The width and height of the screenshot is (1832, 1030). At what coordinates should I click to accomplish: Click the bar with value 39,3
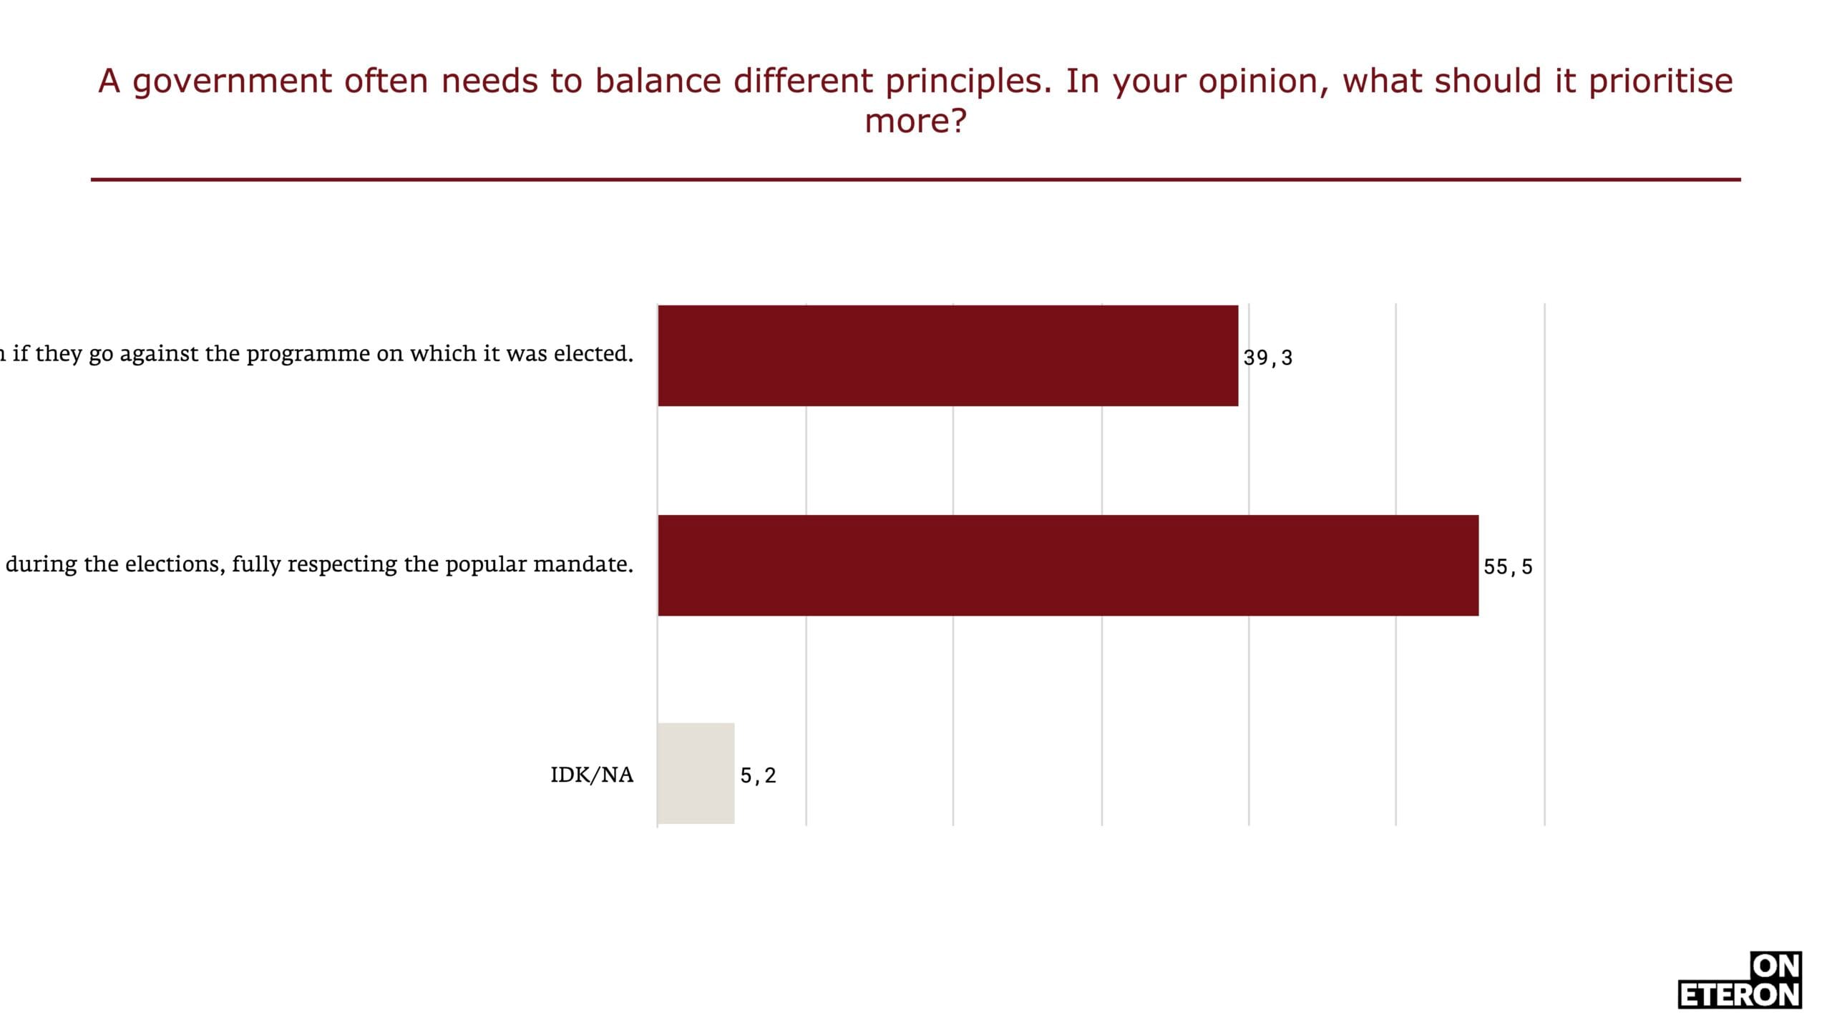[947, 355]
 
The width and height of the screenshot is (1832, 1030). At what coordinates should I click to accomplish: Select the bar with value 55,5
[1068, 565]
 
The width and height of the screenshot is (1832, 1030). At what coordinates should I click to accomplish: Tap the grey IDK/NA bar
[696, 773]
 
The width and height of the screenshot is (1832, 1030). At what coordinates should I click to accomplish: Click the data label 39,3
[1267, 358]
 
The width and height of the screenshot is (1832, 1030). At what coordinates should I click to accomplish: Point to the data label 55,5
[1508, 567]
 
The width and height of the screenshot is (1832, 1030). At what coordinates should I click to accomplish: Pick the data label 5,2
[758, 775]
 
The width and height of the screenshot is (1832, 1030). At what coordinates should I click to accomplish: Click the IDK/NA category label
[592, 775]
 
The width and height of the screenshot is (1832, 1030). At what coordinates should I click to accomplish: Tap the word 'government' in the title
[232, 82]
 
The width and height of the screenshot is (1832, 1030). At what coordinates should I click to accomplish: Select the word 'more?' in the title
[915, 120]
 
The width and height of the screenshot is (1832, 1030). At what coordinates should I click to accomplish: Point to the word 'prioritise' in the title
[1661, 82]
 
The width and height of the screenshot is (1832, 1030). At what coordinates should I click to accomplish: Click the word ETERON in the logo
[1739, 995]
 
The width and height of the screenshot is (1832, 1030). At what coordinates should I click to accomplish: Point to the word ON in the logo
[1775, 966]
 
